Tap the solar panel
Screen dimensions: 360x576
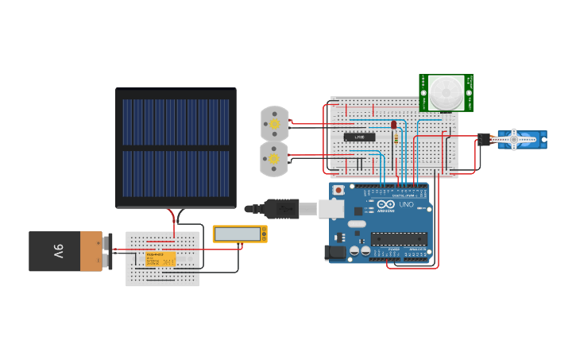click(x=176, y=148)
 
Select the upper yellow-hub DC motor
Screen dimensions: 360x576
click(x=275, y=123)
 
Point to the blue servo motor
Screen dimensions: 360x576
click(x=521, y=141)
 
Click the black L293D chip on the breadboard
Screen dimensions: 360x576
click(x=359, y=137)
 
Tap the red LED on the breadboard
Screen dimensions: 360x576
click(x=393, y=125)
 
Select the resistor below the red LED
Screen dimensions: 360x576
click(x=395, y=138)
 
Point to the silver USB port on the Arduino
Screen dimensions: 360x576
click(x=331, y=209)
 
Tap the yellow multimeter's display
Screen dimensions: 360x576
click(x=238, y=234)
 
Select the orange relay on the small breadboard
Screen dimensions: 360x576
click(x=154, y=258)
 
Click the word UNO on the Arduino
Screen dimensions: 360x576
click(x=405, y=204)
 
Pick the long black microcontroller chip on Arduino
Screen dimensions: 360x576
click(x=397, y=237)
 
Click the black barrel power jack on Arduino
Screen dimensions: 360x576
click(x=337, y=252)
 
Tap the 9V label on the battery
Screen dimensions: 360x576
click(x=58, y=251)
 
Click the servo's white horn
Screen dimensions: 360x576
click(x=508, y=141)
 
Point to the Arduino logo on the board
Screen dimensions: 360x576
click(x=385, y=205)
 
